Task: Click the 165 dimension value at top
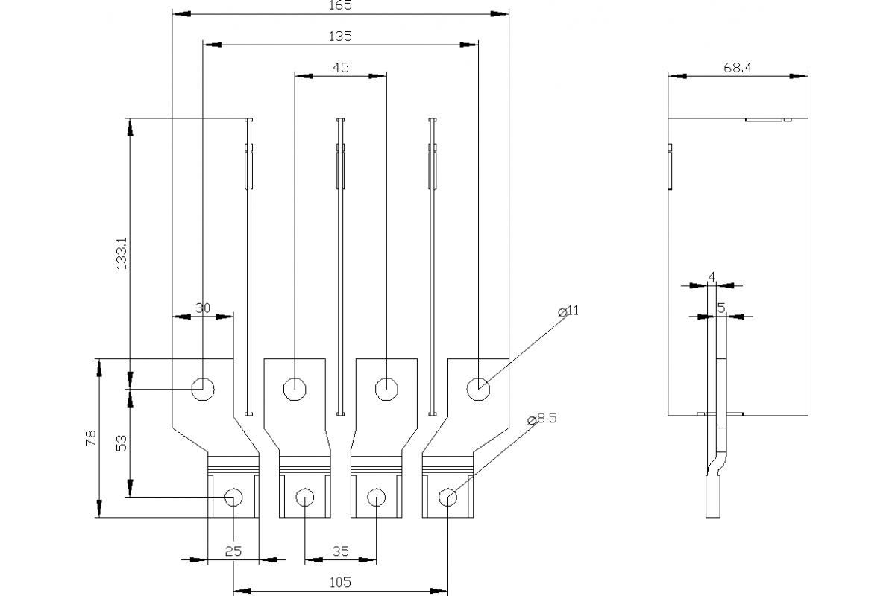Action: click(340, 5)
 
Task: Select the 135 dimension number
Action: click(340, 36)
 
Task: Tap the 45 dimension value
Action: click(340, 67)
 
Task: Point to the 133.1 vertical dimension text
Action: click(123, 253)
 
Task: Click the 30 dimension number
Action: click(203, 308)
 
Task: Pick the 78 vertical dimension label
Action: click(91, 437)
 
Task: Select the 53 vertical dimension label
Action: click(123, 443)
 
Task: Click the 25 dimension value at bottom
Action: click(233, 551)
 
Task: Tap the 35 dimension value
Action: click(340, 551)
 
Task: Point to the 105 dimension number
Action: click(340, 582)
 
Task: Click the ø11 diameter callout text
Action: click(568, 311)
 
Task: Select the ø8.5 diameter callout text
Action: click(542, 419)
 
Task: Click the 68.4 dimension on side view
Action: click(737, 67)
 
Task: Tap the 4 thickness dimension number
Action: click(712, 277)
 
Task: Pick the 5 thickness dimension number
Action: click(720, 308)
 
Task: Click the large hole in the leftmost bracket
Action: click(203, 388)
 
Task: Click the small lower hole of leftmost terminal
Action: click(233, 497)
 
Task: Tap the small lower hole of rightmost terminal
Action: click(447, 497)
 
